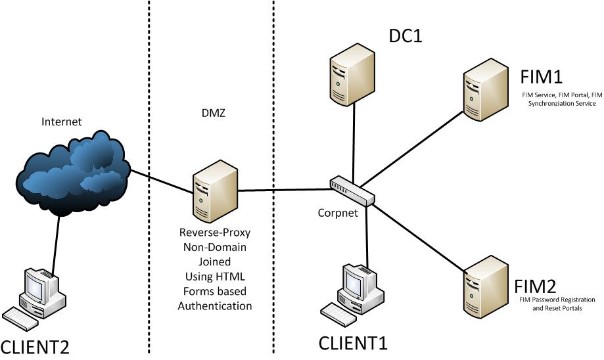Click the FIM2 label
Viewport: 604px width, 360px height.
tap(536, 286)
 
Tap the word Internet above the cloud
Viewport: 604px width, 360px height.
tap(62, 122)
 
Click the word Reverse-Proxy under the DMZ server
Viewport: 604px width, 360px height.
tap(215, 234)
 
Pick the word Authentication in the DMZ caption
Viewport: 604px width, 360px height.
tap(215, 306)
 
